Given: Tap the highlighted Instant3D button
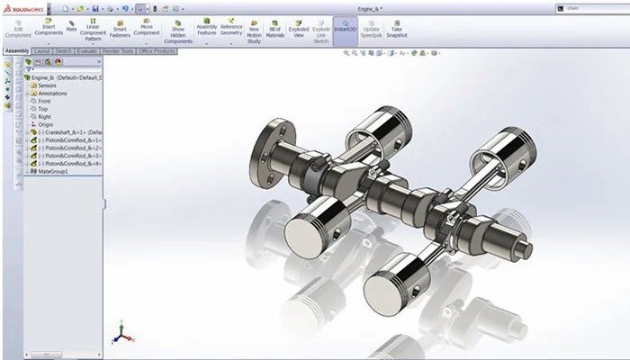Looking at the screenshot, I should point(345,28).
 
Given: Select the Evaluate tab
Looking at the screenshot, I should point(87,51).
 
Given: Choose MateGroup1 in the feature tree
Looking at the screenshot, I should point(54,171).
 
